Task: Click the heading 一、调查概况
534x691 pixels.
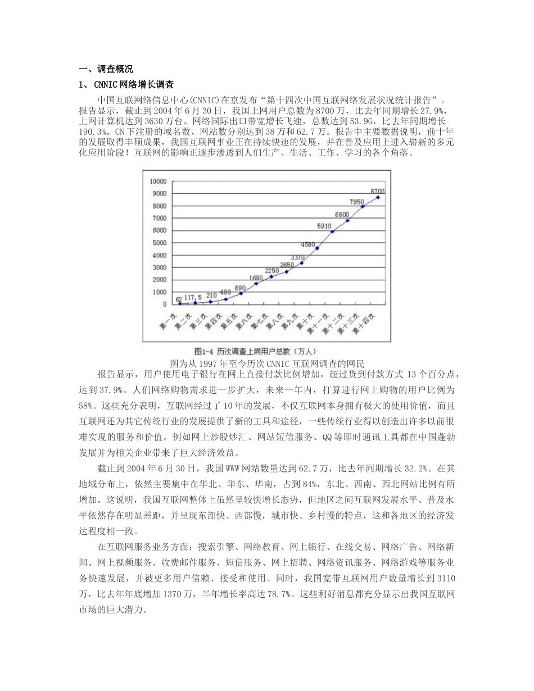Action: (106, 70)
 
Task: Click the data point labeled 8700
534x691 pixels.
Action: (378, 197)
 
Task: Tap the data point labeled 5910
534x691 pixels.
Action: (332, 231)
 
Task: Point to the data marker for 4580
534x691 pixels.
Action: (317, 248)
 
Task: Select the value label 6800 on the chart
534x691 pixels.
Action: (342, 215)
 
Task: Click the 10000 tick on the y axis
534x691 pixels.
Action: (159, 181)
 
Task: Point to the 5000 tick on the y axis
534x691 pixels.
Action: (160, 243)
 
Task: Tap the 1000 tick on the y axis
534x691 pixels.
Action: (160, 292)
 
